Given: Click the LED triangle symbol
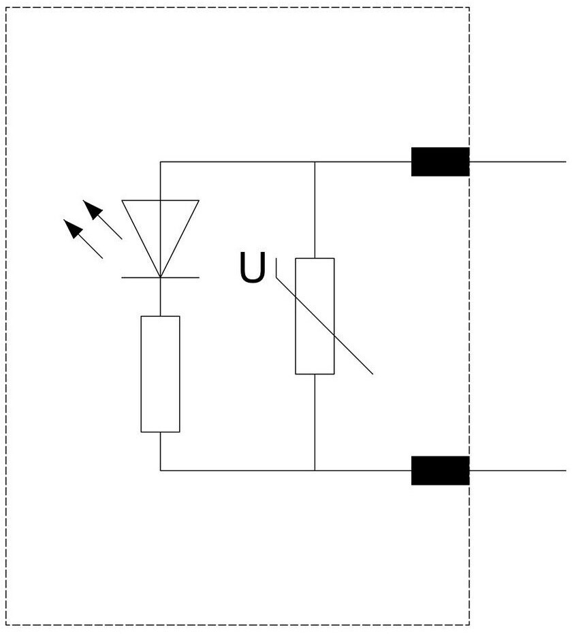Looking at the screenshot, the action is (160, 232).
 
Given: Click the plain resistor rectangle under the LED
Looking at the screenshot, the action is (160, 374).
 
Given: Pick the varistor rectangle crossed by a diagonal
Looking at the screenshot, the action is (315, 316).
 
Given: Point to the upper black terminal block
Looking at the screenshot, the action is (440, 161).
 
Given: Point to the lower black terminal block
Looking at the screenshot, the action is (440, 470).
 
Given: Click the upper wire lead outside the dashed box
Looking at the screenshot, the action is (518, 162).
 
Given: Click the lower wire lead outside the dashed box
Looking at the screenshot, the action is (518, 470).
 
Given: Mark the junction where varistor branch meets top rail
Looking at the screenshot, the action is (315, 162).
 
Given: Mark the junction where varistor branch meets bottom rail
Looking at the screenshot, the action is (315, 470).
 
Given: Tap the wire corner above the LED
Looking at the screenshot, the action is (160, 162).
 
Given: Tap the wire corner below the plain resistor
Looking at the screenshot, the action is (160, 470).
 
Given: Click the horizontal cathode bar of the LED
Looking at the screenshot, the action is (160, 277).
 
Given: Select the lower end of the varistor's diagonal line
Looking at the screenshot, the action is (372, 374).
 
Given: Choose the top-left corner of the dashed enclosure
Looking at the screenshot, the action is (6, 7).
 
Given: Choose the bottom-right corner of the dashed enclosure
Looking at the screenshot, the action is (469, 624).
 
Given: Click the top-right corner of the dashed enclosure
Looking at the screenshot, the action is (469, 7).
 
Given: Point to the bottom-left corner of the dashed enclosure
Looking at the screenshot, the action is (6, 624).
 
